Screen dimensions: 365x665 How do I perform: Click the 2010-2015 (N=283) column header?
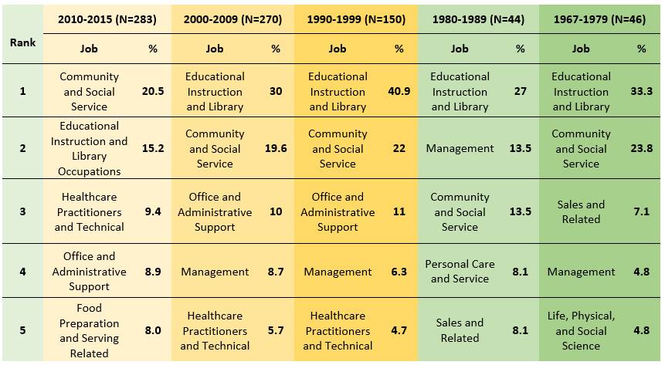[109, 19]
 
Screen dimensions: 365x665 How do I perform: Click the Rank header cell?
[22, 42]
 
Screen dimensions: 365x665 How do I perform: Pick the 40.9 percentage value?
[399, 91]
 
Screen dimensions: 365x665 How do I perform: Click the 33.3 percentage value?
[642, 91]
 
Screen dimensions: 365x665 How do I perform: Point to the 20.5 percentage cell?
[153, 91]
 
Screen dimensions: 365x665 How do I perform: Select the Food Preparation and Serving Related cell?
[89, 330]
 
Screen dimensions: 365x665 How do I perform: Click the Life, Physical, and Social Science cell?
[581, 330]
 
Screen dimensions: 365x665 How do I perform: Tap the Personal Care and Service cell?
[460, 271]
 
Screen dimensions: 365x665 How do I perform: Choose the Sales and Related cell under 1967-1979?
[581, 211]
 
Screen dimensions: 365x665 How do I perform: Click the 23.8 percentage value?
[642, 148]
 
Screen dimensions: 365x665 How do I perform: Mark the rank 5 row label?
[22, 330]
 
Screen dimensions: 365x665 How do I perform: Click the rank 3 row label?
[22, 211]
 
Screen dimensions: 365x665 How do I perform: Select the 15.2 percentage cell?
[153, 148]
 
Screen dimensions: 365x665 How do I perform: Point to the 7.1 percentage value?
[642, 211]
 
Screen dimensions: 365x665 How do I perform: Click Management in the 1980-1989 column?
[460, 148]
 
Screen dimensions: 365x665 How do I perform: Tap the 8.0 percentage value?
[153, 330]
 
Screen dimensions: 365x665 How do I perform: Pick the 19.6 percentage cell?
[276, 148]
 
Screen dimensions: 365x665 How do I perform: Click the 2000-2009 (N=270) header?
[232, 19]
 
